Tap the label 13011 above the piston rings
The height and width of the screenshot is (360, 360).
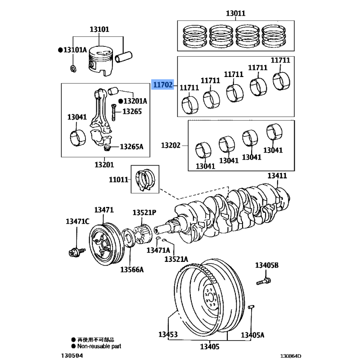235,13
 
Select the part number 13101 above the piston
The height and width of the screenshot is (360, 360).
99,30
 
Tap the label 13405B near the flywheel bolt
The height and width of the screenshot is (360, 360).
267,265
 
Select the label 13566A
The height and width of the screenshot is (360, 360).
132,270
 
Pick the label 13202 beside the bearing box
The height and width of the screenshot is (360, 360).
171,145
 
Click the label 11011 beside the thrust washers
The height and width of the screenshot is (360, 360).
118,180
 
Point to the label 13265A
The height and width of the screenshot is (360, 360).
131,147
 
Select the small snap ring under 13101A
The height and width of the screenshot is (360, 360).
73,68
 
